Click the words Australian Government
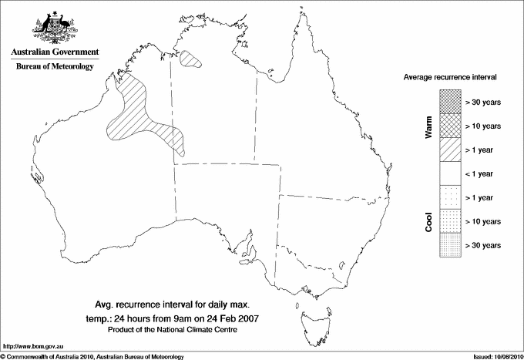click(x=54, y=52)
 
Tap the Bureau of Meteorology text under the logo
click(x=54, y=66)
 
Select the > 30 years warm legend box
click(x=450, y=102)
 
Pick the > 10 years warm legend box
click(x=450, y=126)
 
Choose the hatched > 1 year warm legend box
click(x=450, y=150)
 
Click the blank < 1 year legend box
click(x=450, y=173)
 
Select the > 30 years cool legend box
click(x=450, y=245)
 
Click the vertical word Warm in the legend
click(x=428, y=126)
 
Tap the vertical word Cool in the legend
click(x=428, y=221)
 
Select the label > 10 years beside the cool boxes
click(x=483, y=221)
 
